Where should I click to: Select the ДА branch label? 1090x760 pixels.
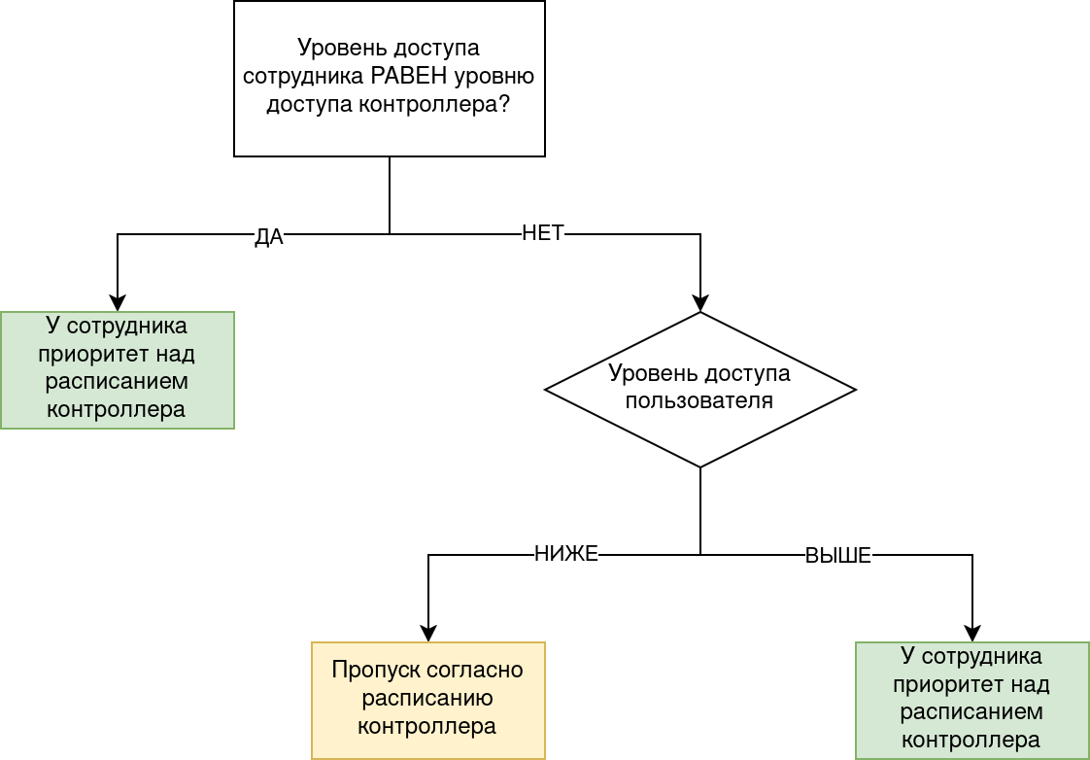pos(269,237)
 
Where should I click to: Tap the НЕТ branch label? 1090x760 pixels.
pos(543,233)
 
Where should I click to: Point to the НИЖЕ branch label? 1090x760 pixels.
pos(566,554)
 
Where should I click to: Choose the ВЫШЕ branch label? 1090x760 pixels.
pos(838,556)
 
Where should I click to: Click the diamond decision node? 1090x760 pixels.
pos(699,389)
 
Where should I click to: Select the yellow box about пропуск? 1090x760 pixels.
pos(428,700)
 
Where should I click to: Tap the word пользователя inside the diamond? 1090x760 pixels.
pos(699,400)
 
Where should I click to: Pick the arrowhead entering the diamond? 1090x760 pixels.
pos(700,302)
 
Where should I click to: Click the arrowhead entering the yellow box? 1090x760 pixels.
pos(428,633)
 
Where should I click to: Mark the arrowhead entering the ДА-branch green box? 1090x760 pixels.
pos(118,302)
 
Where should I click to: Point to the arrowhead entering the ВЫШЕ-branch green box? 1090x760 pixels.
pos(972,633)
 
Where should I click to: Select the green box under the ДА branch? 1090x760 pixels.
pos(117,369)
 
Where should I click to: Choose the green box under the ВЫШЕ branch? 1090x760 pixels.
pos(971,700)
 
